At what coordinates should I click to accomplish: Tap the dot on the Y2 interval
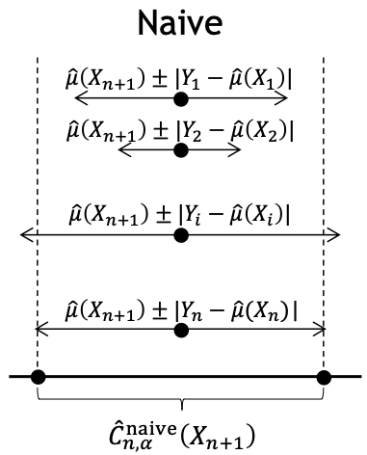click(x=180, y=150)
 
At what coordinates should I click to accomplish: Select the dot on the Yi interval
click(x=180, y=234)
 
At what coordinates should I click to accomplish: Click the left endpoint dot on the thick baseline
click(x=37, y=376)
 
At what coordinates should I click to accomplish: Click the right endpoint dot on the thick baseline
click(x=324, y=376)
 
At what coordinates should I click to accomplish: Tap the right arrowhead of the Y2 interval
click(x=239, y=150)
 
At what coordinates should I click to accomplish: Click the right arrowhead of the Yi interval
click(x=338, y=234)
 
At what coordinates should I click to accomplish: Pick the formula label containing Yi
click(x=180, y=211)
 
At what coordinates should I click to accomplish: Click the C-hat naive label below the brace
click(x=183, y=431)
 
